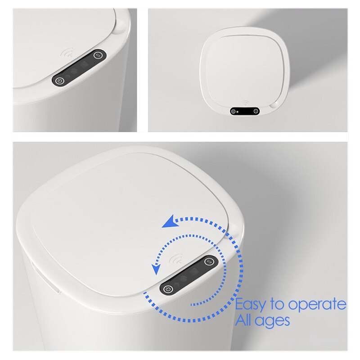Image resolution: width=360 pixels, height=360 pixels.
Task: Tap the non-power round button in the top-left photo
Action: [x=99, y=56]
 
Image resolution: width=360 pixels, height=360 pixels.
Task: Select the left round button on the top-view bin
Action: [x=234, y=111]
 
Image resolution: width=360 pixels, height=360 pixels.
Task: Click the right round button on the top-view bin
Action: [x=256, y=111]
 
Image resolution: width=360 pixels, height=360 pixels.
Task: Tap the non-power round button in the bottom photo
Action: [x=209, y=261]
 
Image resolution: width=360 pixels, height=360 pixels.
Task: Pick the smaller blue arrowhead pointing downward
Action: [x=156, y=269]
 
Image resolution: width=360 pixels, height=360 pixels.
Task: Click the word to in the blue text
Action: [x=278, y=305]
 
